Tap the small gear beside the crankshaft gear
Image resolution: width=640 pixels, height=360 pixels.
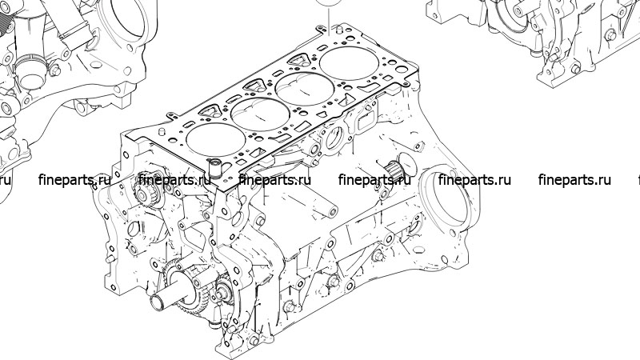[224, 291]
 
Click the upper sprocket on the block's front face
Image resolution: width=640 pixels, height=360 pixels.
[142, 193]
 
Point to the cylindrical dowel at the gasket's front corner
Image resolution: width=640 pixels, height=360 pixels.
[214, 168]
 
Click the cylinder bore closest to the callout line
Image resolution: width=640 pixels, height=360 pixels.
[350, 63]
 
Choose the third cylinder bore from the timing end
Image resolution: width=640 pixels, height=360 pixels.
[305, 89]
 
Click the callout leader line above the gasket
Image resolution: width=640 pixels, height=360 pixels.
[329, 19]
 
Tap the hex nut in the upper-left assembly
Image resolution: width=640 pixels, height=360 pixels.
[54, 70]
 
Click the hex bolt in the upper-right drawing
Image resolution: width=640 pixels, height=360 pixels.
[610, 34]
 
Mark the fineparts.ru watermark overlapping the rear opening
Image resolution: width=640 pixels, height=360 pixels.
[474, 179]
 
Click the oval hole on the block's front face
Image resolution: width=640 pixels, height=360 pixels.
[134, 229]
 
